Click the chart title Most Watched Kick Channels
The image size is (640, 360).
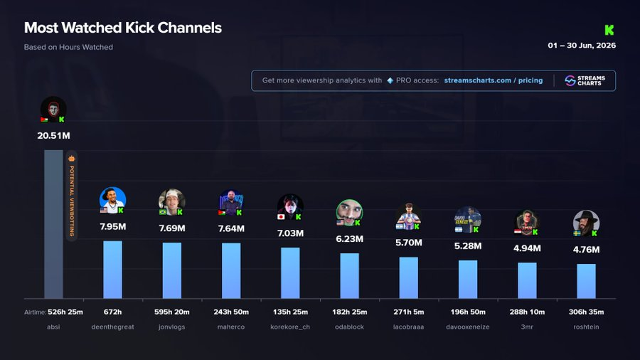pos(123,28)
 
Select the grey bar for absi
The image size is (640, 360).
pos(53,224)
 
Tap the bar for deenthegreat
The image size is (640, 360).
pos(112,270)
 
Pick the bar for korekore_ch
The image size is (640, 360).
pos(290,273)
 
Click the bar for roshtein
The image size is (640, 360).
pos(586,281)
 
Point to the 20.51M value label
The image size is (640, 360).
pos(53,135)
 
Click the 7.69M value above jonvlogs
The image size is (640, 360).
pos(172,228)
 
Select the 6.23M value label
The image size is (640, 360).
pos(349,239)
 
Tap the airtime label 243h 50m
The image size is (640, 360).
pos(231,312)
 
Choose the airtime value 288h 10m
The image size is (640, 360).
pos(527,312)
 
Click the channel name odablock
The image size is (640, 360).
pos(349,327)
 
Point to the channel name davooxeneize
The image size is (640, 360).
pos(468,327)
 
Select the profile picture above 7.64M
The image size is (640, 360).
pos(231,203)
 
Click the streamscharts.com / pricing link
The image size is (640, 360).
pos(494,80)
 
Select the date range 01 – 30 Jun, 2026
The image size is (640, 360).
pos(582,46)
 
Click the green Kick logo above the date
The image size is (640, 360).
pos(609,30)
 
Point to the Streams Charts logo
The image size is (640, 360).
pos(585,80)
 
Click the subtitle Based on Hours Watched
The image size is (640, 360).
pos(68,47)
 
